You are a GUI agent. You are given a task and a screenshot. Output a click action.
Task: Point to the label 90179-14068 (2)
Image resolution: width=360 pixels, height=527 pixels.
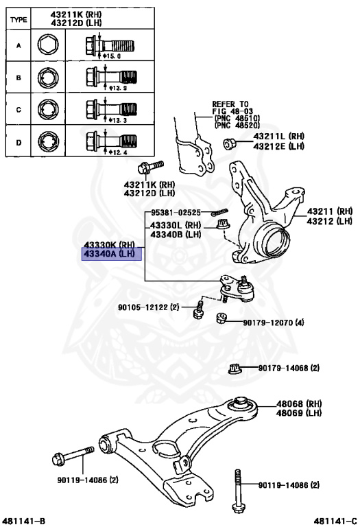click(289, 368)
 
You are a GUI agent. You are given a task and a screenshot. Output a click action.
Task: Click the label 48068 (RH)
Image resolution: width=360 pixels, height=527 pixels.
click(299, 403)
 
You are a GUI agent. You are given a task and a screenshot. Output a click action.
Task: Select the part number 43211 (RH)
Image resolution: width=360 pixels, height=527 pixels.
click(328, 211)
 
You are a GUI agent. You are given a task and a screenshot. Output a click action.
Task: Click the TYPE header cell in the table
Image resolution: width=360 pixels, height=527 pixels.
click(19, 19)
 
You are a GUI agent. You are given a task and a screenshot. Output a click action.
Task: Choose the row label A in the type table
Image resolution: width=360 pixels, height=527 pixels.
click(19, 48)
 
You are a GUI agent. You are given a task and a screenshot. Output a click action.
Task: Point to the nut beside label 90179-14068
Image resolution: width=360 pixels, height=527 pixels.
click(233, 369)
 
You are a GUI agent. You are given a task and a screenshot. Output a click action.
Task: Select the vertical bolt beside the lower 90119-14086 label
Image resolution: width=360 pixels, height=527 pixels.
click(238, 490)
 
